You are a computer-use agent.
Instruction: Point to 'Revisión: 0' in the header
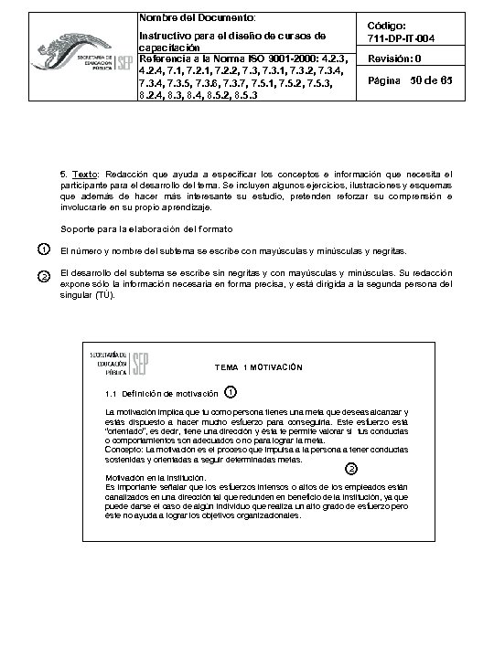click(394, 59)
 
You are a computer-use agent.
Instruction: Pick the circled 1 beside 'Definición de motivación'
click(230, 392)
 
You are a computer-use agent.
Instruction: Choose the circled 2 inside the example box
click(352, 468)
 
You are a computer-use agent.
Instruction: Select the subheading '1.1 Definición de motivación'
click(162, 394)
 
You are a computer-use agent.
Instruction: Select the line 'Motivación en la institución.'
click(156, 478)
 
